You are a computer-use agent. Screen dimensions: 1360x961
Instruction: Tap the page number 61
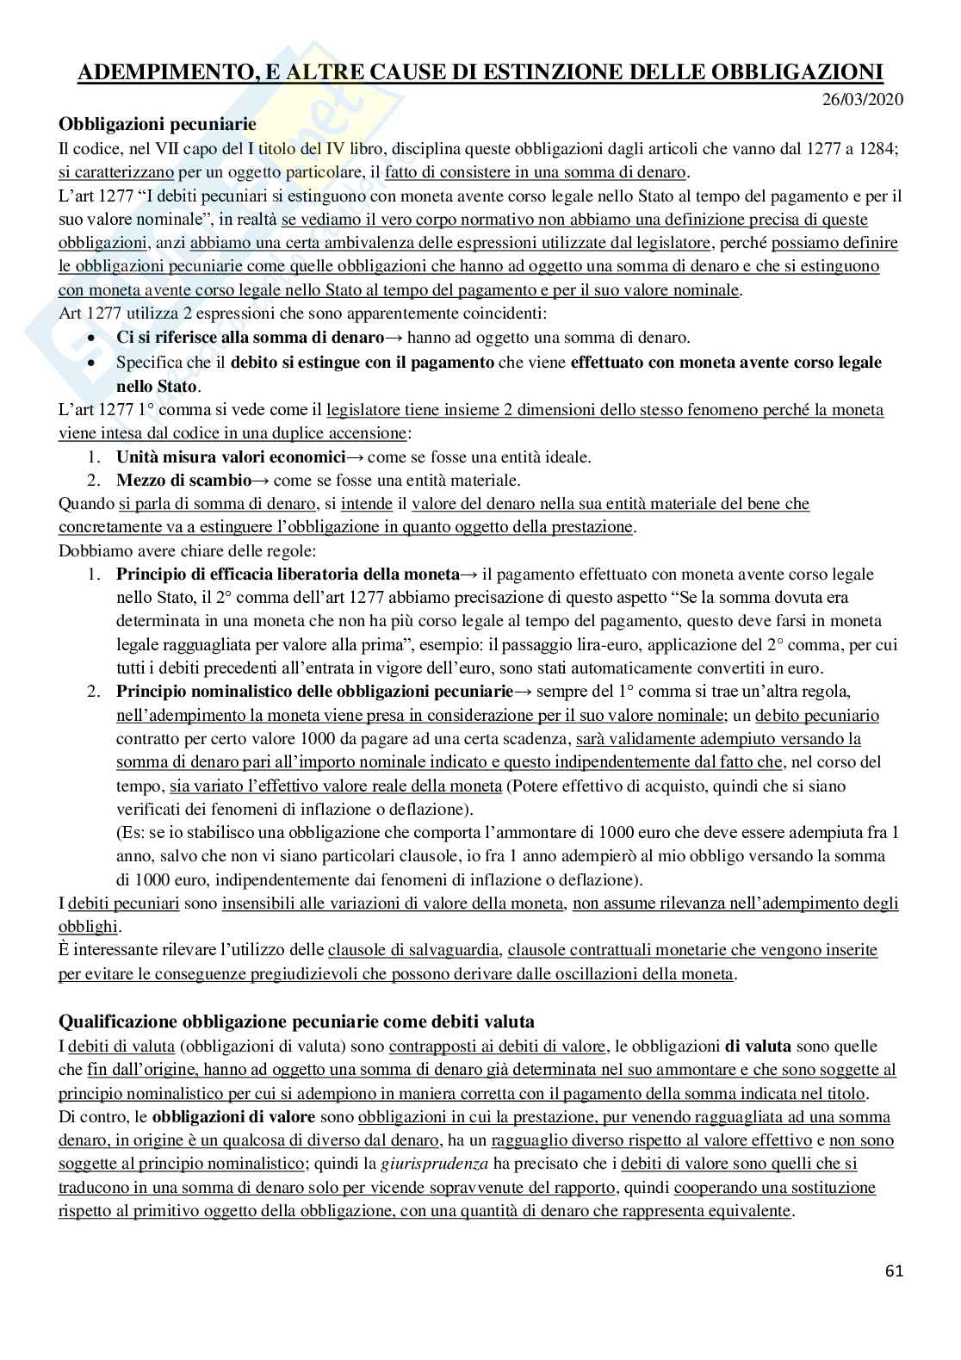coord(894,1270)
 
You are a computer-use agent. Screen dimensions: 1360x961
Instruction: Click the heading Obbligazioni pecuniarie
coord(157,125)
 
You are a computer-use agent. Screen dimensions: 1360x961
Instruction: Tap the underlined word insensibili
coord(261,904)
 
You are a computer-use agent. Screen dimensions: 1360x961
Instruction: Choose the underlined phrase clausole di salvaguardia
coord(413,950)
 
